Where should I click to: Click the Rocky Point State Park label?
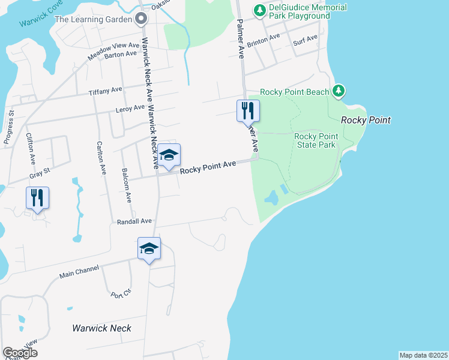tap(316, 140)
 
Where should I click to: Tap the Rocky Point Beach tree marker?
tap(339, 91)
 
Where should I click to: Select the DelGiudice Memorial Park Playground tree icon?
tap(259, 10)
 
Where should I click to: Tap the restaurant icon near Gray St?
tap(37, 198)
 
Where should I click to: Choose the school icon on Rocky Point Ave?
tap(169, 155)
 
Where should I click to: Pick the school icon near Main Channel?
tap(149, 249)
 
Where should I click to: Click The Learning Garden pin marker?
tap(141, 19)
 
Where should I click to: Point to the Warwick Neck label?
tap(101, 328)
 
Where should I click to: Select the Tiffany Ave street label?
tap(105, 90)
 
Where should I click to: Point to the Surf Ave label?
tap(305, 40)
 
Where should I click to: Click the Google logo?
tap(20, 353)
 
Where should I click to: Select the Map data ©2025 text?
tap(424, 355)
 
